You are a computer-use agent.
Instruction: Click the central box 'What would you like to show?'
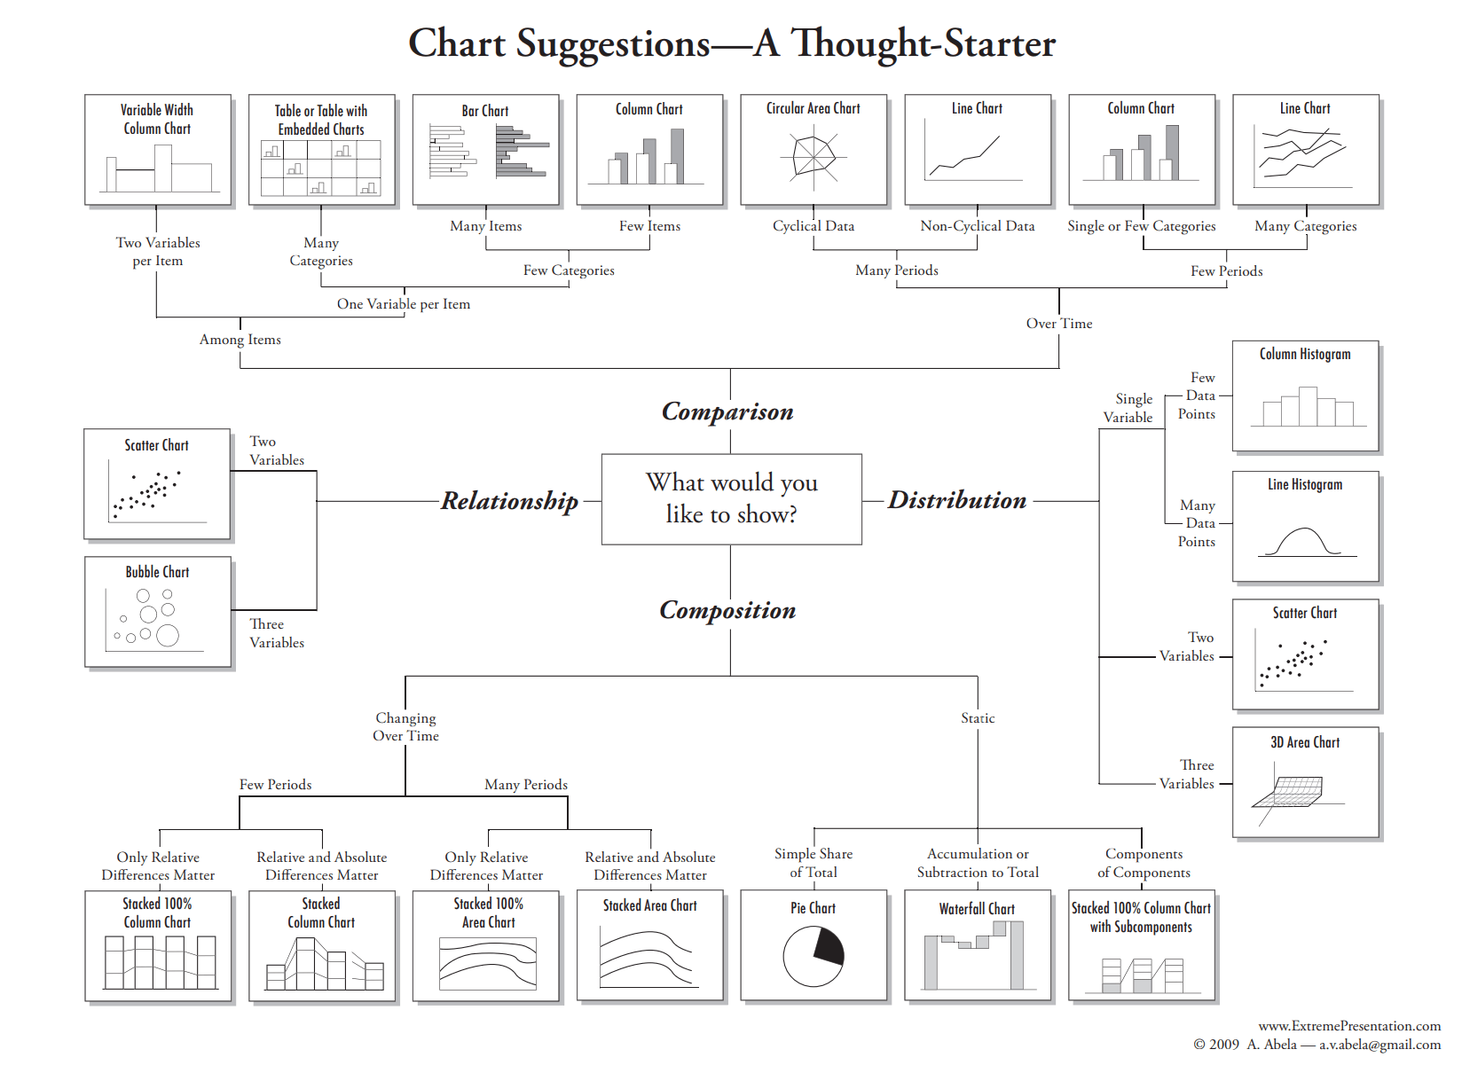tap(731, 498)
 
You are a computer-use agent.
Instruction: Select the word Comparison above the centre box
tap(727, 411)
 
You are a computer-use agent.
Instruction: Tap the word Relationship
tap(509, 501)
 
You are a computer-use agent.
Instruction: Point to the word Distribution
tap(957, 500)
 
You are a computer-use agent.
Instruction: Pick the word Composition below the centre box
tap(727, 610)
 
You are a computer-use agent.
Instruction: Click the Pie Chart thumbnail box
tap(814, 945)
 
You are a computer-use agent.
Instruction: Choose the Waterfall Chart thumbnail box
tap(977, 945)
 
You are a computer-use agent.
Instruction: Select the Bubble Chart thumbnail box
tap(158, 612)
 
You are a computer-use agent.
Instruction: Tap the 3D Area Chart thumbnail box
tap(1305, 782)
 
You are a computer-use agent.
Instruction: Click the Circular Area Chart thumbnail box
tap(814, 150)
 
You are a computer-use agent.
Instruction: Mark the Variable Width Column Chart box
tap(158, 150)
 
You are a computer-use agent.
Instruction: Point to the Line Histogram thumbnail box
tap(1305, 527)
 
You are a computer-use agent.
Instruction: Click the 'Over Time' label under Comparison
tap(1059, 324)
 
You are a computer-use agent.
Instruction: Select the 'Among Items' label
tap(240, 340)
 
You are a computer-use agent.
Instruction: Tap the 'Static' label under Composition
tap(978, 718)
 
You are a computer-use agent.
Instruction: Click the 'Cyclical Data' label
tap(814, 226)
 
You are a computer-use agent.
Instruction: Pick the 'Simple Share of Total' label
tap(814, 863)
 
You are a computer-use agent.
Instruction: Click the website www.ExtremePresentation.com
tap(1349, 1026)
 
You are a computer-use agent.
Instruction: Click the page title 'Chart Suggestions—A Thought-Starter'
tap(732, 43)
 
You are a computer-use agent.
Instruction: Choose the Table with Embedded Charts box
tap(321, 150)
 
